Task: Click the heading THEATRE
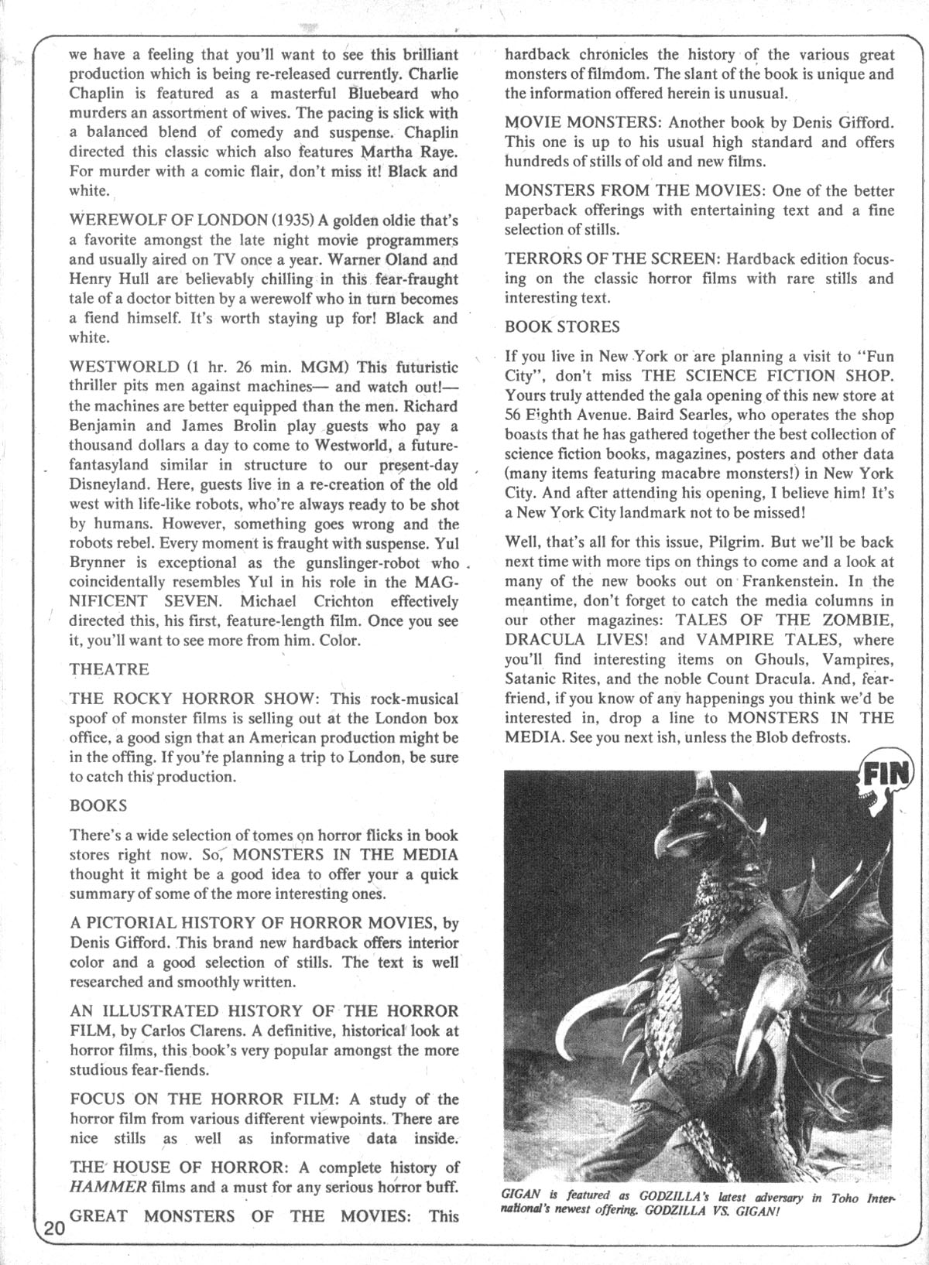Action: [108, 668]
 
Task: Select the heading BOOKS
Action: [98, 805]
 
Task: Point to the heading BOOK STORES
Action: [562, 327]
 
